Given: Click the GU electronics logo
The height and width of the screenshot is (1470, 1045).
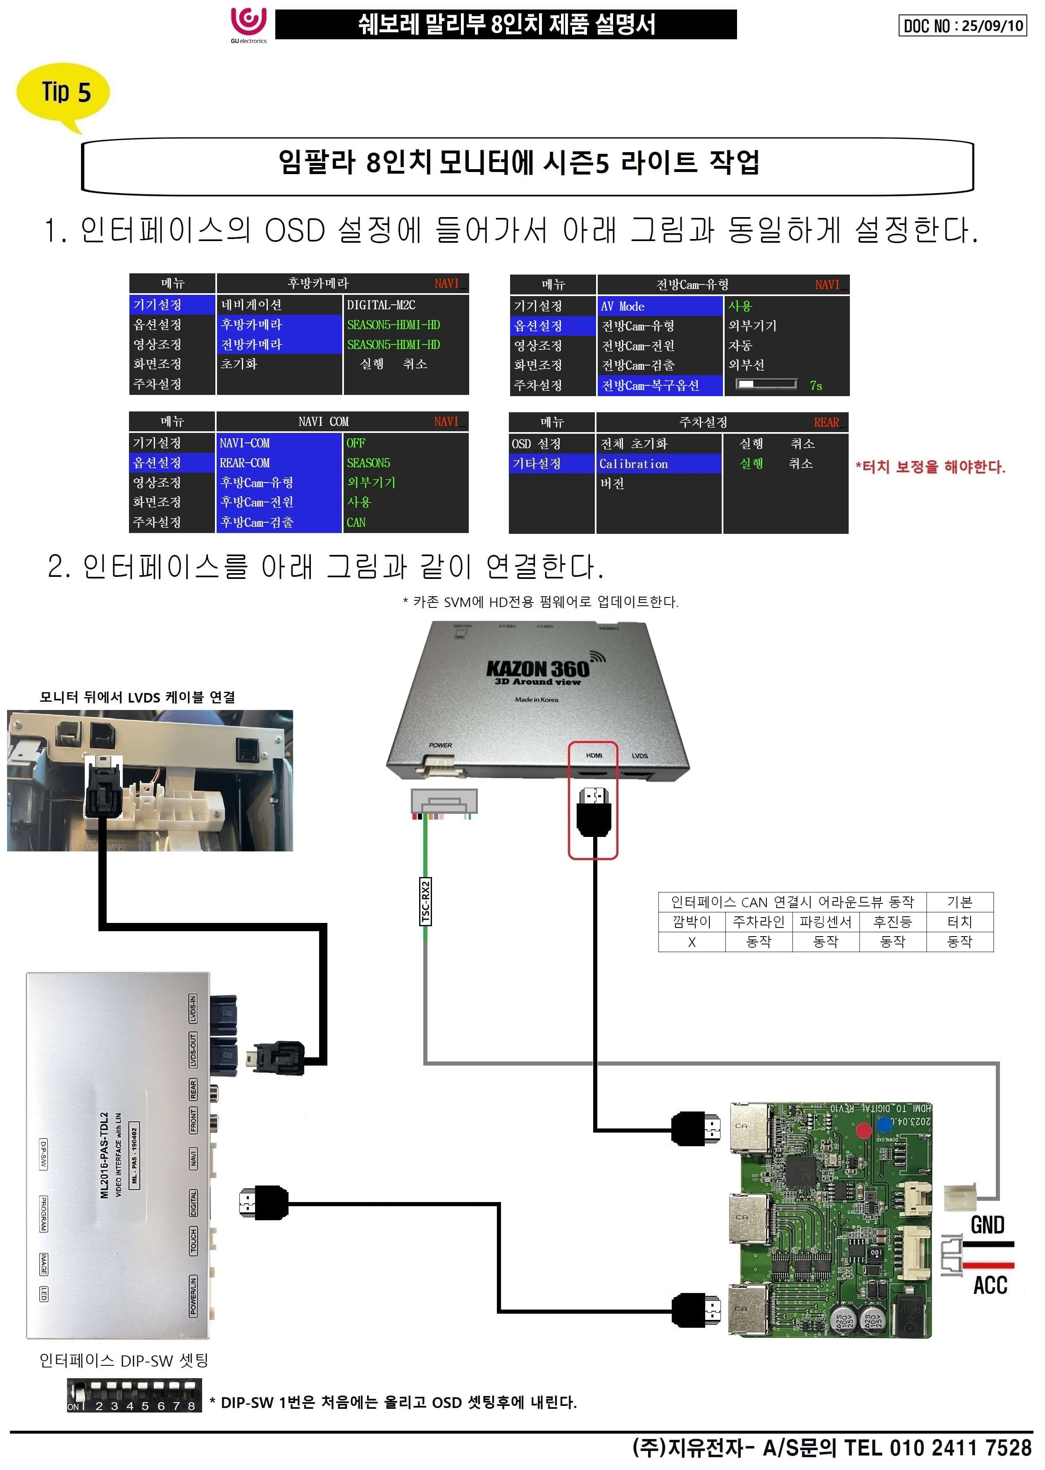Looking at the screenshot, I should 248,24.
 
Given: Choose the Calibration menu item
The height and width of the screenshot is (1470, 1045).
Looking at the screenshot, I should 634,464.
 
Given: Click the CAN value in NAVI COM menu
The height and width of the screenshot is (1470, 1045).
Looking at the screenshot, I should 356,522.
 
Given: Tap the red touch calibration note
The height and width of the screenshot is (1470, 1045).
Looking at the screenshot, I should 930,466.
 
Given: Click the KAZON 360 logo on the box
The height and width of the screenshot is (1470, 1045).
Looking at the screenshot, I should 537,669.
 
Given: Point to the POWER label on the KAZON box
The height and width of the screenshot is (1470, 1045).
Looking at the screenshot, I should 440,745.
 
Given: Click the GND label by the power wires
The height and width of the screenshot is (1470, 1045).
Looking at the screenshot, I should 988,1225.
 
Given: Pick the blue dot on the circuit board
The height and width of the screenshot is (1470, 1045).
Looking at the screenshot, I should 885,1124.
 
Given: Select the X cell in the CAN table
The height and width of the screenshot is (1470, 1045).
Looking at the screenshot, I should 692,942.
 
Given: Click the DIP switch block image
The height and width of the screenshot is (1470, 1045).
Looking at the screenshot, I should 134,1395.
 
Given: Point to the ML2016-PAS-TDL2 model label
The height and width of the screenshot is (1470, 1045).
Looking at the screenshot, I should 104,1155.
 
